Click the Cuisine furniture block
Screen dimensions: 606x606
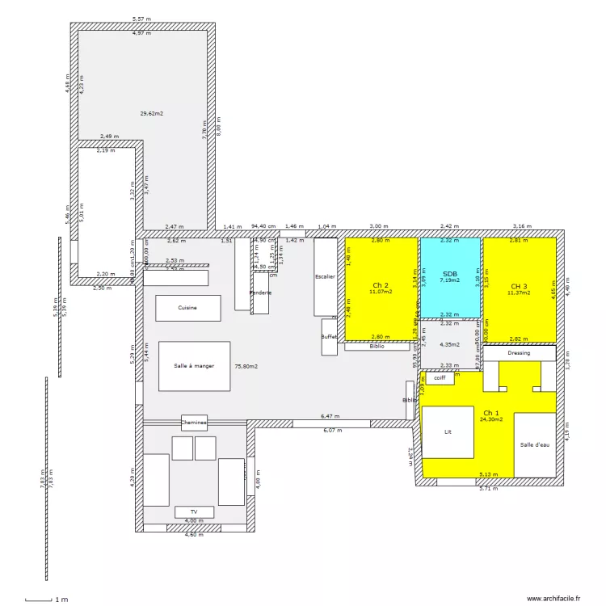point(187,308)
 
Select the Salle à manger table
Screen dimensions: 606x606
point(194,366)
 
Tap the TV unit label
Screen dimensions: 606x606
point(194,512)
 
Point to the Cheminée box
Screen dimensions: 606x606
point(194,422)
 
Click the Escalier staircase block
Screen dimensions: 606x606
point(325,276)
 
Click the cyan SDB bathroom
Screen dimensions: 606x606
point(448,276)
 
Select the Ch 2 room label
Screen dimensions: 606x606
point(381,285)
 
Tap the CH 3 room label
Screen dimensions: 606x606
point(519,286)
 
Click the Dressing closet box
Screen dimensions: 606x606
point(519,353)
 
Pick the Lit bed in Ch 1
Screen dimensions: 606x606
point(448,432)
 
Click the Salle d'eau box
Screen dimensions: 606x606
point(535,445)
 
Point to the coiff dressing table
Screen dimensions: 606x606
point(439,377)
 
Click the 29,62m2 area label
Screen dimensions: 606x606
point(151,114)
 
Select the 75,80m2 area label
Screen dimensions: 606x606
point(246,366)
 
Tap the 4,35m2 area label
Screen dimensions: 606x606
point(448,344)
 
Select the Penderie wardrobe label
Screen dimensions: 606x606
point(260,292)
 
